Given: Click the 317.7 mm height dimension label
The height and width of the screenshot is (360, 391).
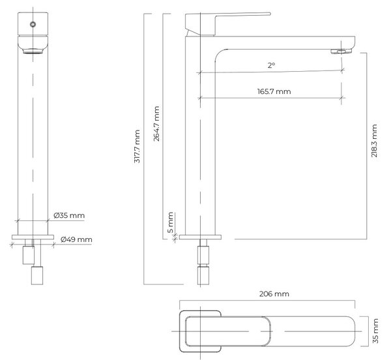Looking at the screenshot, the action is point(137,147).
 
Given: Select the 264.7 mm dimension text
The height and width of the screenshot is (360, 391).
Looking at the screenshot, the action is point(156,124).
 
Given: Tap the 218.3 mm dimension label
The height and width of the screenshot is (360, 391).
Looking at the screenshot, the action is point(374,141).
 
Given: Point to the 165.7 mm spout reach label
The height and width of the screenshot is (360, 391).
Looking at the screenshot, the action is point(274,91).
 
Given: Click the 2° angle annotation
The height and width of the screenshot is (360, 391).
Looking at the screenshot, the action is point(271,65).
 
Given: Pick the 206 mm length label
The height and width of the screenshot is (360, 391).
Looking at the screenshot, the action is point(274,293).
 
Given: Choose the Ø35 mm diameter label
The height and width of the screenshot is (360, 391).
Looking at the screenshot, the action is point(69,215).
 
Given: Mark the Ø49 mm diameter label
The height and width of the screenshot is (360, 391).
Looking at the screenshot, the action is point(76,239).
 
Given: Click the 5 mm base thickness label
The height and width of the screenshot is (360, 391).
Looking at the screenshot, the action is point(170,222).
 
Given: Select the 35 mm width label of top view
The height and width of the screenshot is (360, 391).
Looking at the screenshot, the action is point(375,331).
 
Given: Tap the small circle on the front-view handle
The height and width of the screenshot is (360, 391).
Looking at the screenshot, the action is point(33,24).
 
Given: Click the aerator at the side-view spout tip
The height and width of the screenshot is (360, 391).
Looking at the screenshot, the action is point(341,52).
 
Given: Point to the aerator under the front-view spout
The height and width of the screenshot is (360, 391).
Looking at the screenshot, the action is point(33,51).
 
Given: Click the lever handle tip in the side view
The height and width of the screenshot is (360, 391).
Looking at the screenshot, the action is point(268,14).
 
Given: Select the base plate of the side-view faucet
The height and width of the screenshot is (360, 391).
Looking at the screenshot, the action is point(200,237).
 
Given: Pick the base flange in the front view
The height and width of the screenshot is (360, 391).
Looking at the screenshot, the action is point(33,237).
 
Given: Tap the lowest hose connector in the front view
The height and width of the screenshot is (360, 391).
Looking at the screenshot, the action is point(37,275).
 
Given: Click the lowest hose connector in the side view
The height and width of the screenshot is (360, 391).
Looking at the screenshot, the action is point(203,275).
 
